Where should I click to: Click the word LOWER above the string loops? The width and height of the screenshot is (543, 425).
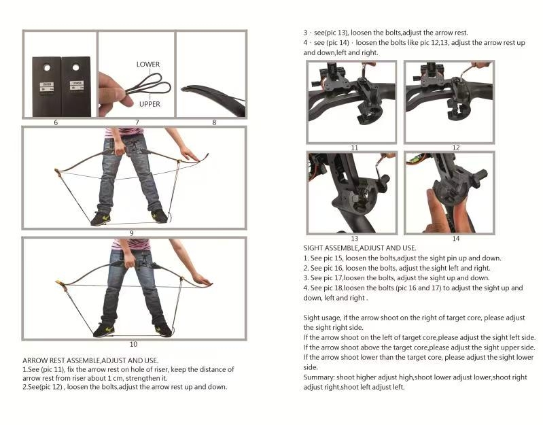point(148,65)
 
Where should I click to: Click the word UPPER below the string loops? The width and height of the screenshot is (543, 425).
point(150,104)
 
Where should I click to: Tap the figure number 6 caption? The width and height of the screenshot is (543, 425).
point(56,122)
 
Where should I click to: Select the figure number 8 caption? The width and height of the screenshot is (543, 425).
point(214,122)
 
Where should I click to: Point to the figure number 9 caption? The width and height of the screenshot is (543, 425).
point(132,233)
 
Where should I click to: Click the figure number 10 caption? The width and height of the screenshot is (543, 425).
point(133,344)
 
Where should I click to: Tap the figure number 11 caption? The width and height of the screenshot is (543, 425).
point(355,148)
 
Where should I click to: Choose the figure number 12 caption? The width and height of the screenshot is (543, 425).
point(456,148)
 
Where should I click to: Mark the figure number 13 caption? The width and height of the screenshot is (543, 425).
point(355,239)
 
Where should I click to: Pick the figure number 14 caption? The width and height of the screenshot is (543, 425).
point(456,239)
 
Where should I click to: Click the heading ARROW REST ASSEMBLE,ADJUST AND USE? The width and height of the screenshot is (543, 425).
point(90,360)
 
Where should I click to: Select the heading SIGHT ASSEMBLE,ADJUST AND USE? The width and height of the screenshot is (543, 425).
point(360,248)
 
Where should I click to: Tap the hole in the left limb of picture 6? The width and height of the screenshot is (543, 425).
point(47,67)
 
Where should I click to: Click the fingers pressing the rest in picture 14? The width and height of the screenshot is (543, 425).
point(436,211)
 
